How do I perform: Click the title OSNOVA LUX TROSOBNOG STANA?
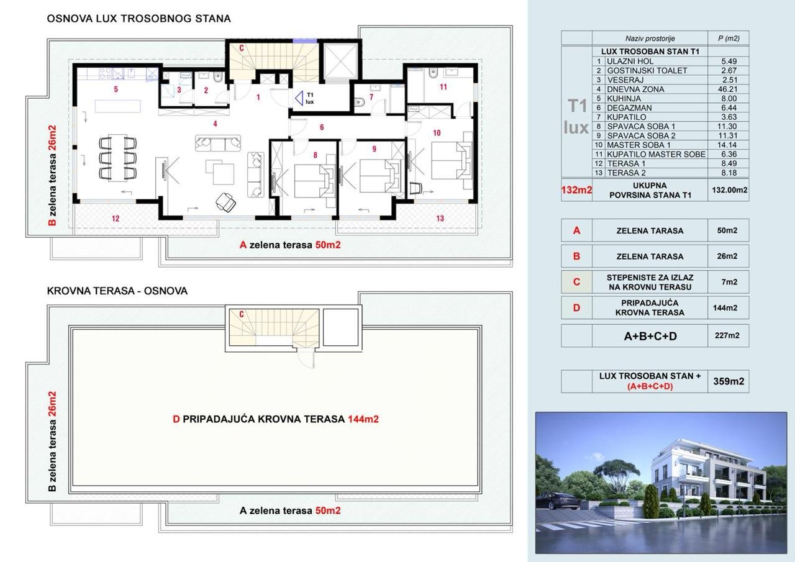139,19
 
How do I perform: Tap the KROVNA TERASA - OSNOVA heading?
117,291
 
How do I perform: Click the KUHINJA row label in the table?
624,99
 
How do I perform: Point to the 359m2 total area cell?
729,381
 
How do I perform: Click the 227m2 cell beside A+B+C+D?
727,335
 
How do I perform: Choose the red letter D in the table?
577,307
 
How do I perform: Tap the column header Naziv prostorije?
650,39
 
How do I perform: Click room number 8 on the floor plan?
315,155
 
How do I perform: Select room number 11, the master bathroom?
443,87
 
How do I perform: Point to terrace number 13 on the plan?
440,219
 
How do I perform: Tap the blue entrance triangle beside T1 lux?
299,98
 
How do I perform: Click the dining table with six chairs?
117,158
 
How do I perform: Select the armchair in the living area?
225,202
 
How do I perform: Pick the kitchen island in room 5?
117,106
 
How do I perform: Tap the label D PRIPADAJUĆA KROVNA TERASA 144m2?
276,419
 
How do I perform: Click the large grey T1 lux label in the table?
576,116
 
